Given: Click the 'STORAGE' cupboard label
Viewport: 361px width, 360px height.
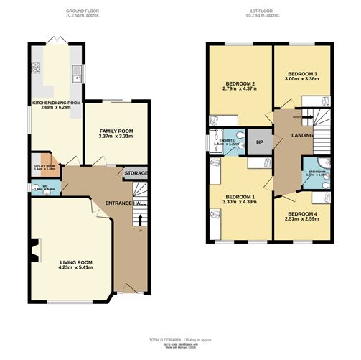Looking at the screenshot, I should [136, 174].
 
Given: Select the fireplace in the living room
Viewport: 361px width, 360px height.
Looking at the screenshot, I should [34, 251].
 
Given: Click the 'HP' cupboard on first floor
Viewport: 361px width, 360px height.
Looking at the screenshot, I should [260, 140].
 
